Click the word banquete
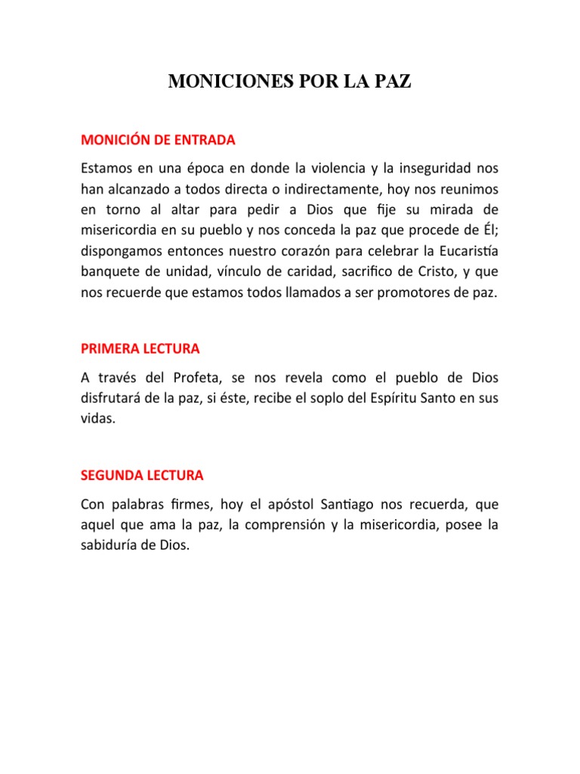[x=108, y=271]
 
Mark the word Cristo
[x=423, y=271]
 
